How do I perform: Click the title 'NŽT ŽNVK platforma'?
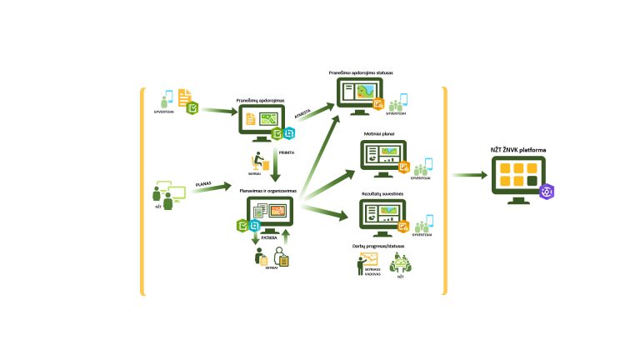point(518,150)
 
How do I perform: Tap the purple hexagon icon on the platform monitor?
point(547,191)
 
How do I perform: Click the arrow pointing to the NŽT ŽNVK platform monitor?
point(471,176)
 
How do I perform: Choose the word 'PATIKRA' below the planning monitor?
point(269,237)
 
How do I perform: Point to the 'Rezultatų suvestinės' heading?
point(382,193)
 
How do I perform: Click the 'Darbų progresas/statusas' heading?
point(382,247)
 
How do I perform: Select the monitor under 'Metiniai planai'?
point(381,157)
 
